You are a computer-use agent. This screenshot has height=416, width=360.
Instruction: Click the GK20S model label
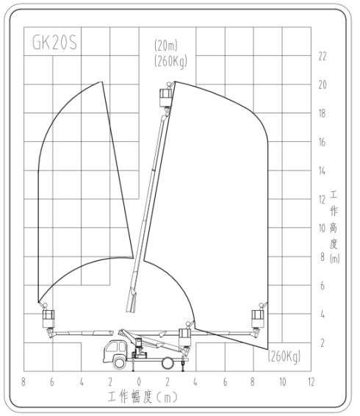coord(54,43)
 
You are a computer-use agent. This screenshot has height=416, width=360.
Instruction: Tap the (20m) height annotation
coord(166,46)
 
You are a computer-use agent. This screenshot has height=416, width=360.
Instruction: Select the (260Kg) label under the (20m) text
coord(171,61)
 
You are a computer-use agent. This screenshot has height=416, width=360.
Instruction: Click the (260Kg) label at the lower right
coord(284,356)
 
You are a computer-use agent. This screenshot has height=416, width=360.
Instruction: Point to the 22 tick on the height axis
coord(323,57)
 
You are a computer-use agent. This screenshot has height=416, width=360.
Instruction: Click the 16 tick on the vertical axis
coord(322,143)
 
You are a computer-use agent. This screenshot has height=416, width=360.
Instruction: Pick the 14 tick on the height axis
coord(322,171)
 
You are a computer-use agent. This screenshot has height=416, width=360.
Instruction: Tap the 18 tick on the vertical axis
coord(322,113)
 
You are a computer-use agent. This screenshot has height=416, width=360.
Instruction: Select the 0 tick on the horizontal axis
coord(139,382)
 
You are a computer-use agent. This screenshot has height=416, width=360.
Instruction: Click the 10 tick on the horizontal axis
coord(283,382)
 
